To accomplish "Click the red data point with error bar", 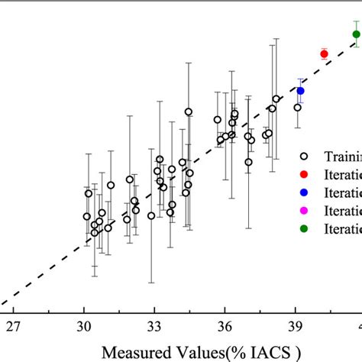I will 324,53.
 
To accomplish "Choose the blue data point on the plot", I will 301,91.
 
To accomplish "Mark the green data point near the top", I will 356,34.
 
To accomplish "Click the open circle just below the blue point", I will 298,108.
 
